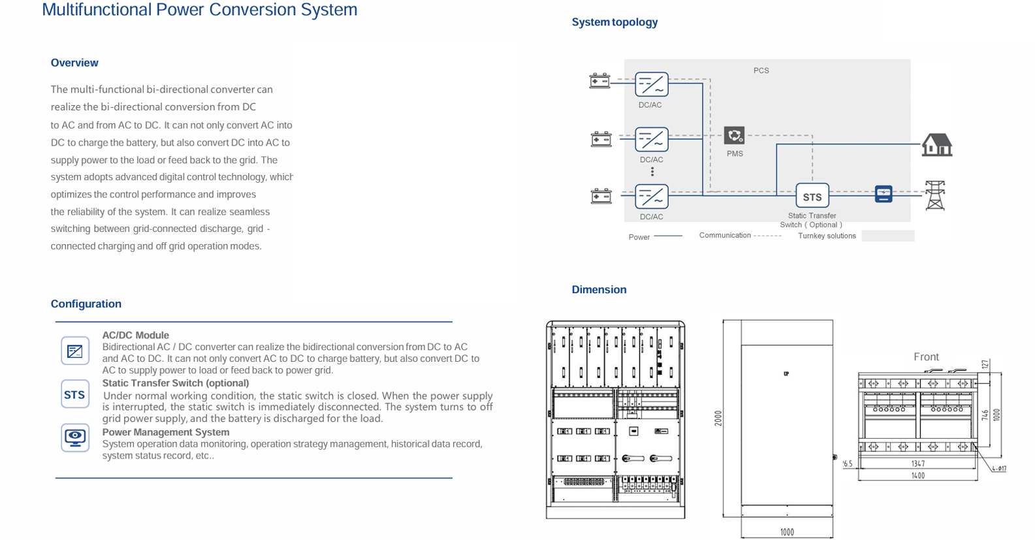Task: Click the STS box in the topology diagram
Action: (812, 196)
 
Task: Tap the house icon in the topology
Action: (936, 144)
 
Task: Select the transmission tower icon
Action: (935, 195)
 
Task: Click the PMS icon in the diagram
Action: (734, 136)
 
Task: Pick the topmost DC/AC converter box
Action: (651, 85)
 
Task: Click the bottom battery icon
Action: (601, 196)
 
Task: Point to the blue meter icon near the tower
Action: (883, 194)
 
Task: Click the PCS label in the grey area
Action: (761, 71)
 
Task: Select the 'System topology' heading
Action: (614, 22)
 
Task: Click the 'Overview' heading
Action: (74, 63)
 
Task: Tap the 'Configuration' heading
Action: (86, 304)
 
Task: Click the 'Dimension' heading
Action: (599, 289)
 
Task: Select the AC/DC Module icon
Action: (75, 351)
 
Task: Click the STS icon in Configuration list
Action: (75, 394)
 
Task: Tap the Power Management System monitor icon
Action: (75, 437)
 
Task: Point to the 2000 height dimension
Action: (718, 418)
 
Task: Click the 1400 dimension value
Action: (917, 476)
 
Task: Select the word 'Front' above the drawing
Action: (926, 357)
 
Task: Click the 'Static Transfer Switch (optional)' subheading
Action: (176, 383)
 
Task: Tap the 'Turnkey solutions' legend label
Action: (827, 236)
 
